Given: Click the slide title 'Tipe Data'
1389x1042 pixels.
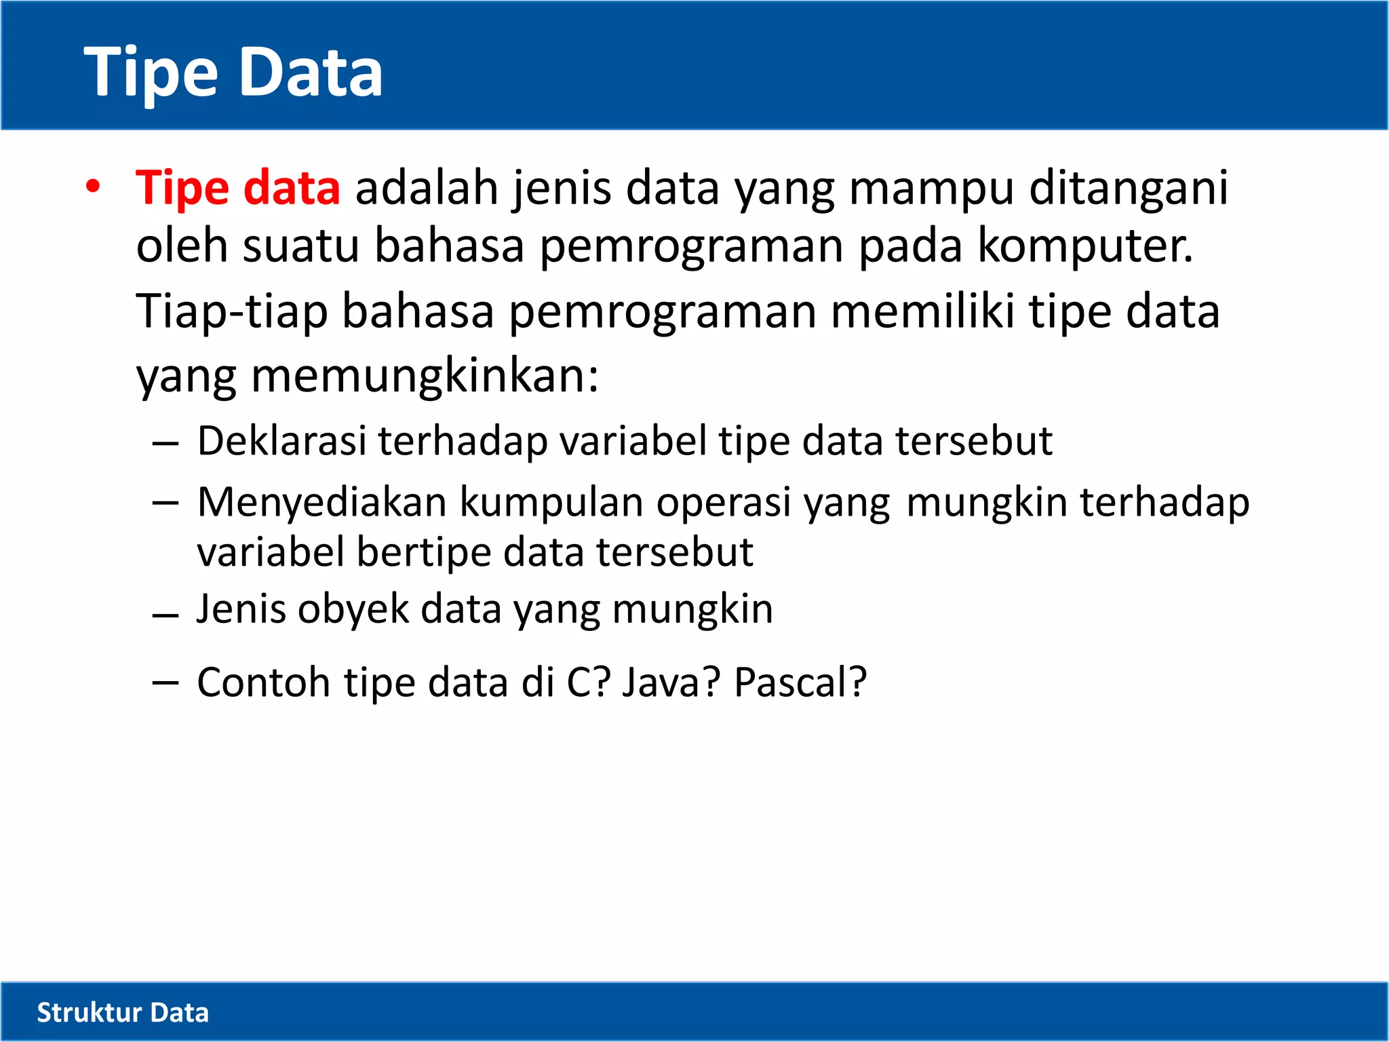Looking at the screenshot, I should click(x=233, y=72).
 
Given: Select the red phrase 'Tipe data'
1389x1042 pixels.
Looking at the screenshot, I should click(x=237, y=187).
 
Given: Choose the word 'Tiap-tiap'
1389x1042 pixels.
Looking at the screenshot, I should click(x=231, y=312).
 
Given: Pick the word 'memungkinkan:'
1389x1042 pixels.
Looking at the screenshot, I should click(x=425, y=376).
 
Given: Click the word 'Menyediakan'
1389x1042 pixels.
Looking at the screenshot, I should click(x=321, y=503).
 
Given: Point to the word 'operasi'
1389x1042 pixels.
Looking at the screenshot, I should click(x=723, y=503).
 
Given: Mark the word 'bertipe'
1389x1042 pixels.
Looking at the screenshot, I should click(x=424, y=552).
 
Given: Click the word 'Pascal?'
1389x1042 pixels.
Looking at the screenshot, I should click(x=800, y=682).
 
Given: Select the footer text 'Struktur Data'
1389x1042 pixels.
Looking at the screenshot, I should click(x=123, y=1012).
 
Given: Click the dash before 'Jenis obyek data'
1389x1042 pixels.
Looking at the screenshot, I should click(x=165, y=616).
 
